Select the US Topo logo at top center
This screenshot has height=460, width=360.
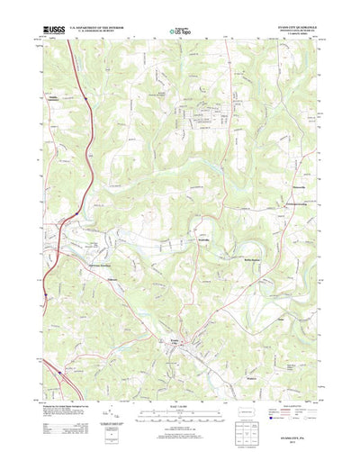click(x=181, y=32)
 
